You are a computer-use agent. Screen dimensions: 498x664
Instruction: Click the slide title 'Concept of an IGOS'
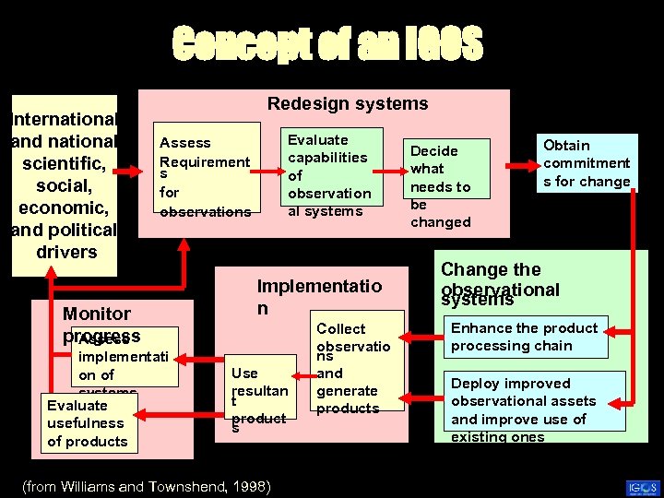[327, 43]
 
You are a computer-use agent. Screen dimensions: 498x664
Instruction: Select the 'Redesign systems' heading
[348, 104]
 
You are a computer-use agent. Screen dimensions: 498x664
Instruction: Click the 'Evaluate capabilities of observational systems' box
[329, 175]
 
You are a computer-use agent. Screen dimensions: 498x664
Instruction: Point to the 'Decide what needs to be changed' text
[441, 185]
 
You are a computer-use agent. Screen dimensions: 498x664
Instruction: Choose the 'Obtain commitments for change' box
[586, 163]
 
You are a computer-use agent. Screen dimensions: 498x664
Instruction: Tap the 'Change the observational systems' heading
[500, 283]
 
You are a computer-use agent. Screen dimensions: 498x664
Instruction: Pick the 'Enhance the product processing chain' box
[524, 337]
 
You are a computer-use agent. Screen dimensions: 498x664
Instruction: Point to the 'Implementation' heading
[318, 296]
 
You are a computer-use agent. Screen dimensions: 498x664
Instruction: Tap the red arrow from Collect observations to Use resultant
[302, 375]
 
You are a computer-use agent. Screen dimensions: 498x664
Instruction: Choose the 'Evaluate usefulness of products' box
[88, 423]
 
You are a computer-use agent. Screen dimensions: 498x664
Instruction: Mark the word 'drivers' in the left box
[65, 252]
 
